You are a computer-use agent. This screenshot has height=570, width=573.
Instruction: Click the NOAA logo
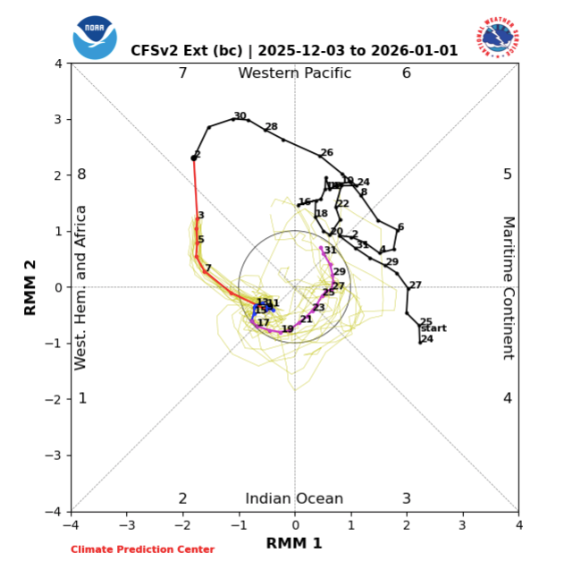tap(94, 38)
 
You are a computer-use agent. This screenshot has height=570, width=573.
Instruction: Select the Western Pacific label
tap(294, 73)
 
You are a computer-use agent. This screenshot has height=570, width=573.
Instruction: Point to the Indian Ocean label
tap(294, 499)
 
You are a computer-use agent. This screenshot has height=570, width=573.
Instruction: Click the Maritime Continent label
tap(508, 287)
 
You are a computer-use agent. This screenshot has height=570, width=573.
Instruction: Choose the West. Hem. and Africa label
tap(80, 287)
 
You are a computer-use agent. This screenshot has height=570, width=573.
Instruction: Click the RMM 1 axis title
tap(294, 543)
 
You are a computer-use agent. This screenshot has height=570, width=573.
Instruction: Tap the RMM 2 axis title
tap(29, 287)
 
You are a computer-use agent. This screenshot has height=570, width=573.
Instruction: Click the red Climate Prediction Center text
tap(143, 549)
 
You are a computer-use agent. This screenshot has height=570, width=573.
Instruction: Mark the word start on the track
tap(433, 328)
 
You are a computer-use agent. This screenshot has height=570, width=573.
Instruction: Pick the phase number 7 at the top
tap(182, 73)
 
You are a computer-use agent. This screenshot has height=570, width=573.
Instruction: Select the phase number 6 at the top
tap(406, 73)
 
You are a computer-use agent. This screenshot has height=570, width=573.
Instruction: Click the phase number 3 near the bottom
tap(406, 499)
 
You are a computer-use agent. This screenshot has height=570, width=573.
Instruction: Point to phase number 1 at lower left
tap(82, 398)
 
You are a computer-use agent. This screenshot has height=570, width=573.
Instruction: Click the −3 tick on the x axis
tap(127, 523)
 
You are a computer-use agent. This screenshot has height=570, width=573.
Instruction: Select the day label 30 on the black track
tap(240, 116)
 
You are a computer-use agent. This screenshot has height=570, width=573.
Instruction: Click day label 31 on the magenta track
tap(331, 251)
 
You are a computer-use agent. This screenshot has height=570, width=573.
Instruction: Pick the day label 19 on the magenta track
tap(287, 329)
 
